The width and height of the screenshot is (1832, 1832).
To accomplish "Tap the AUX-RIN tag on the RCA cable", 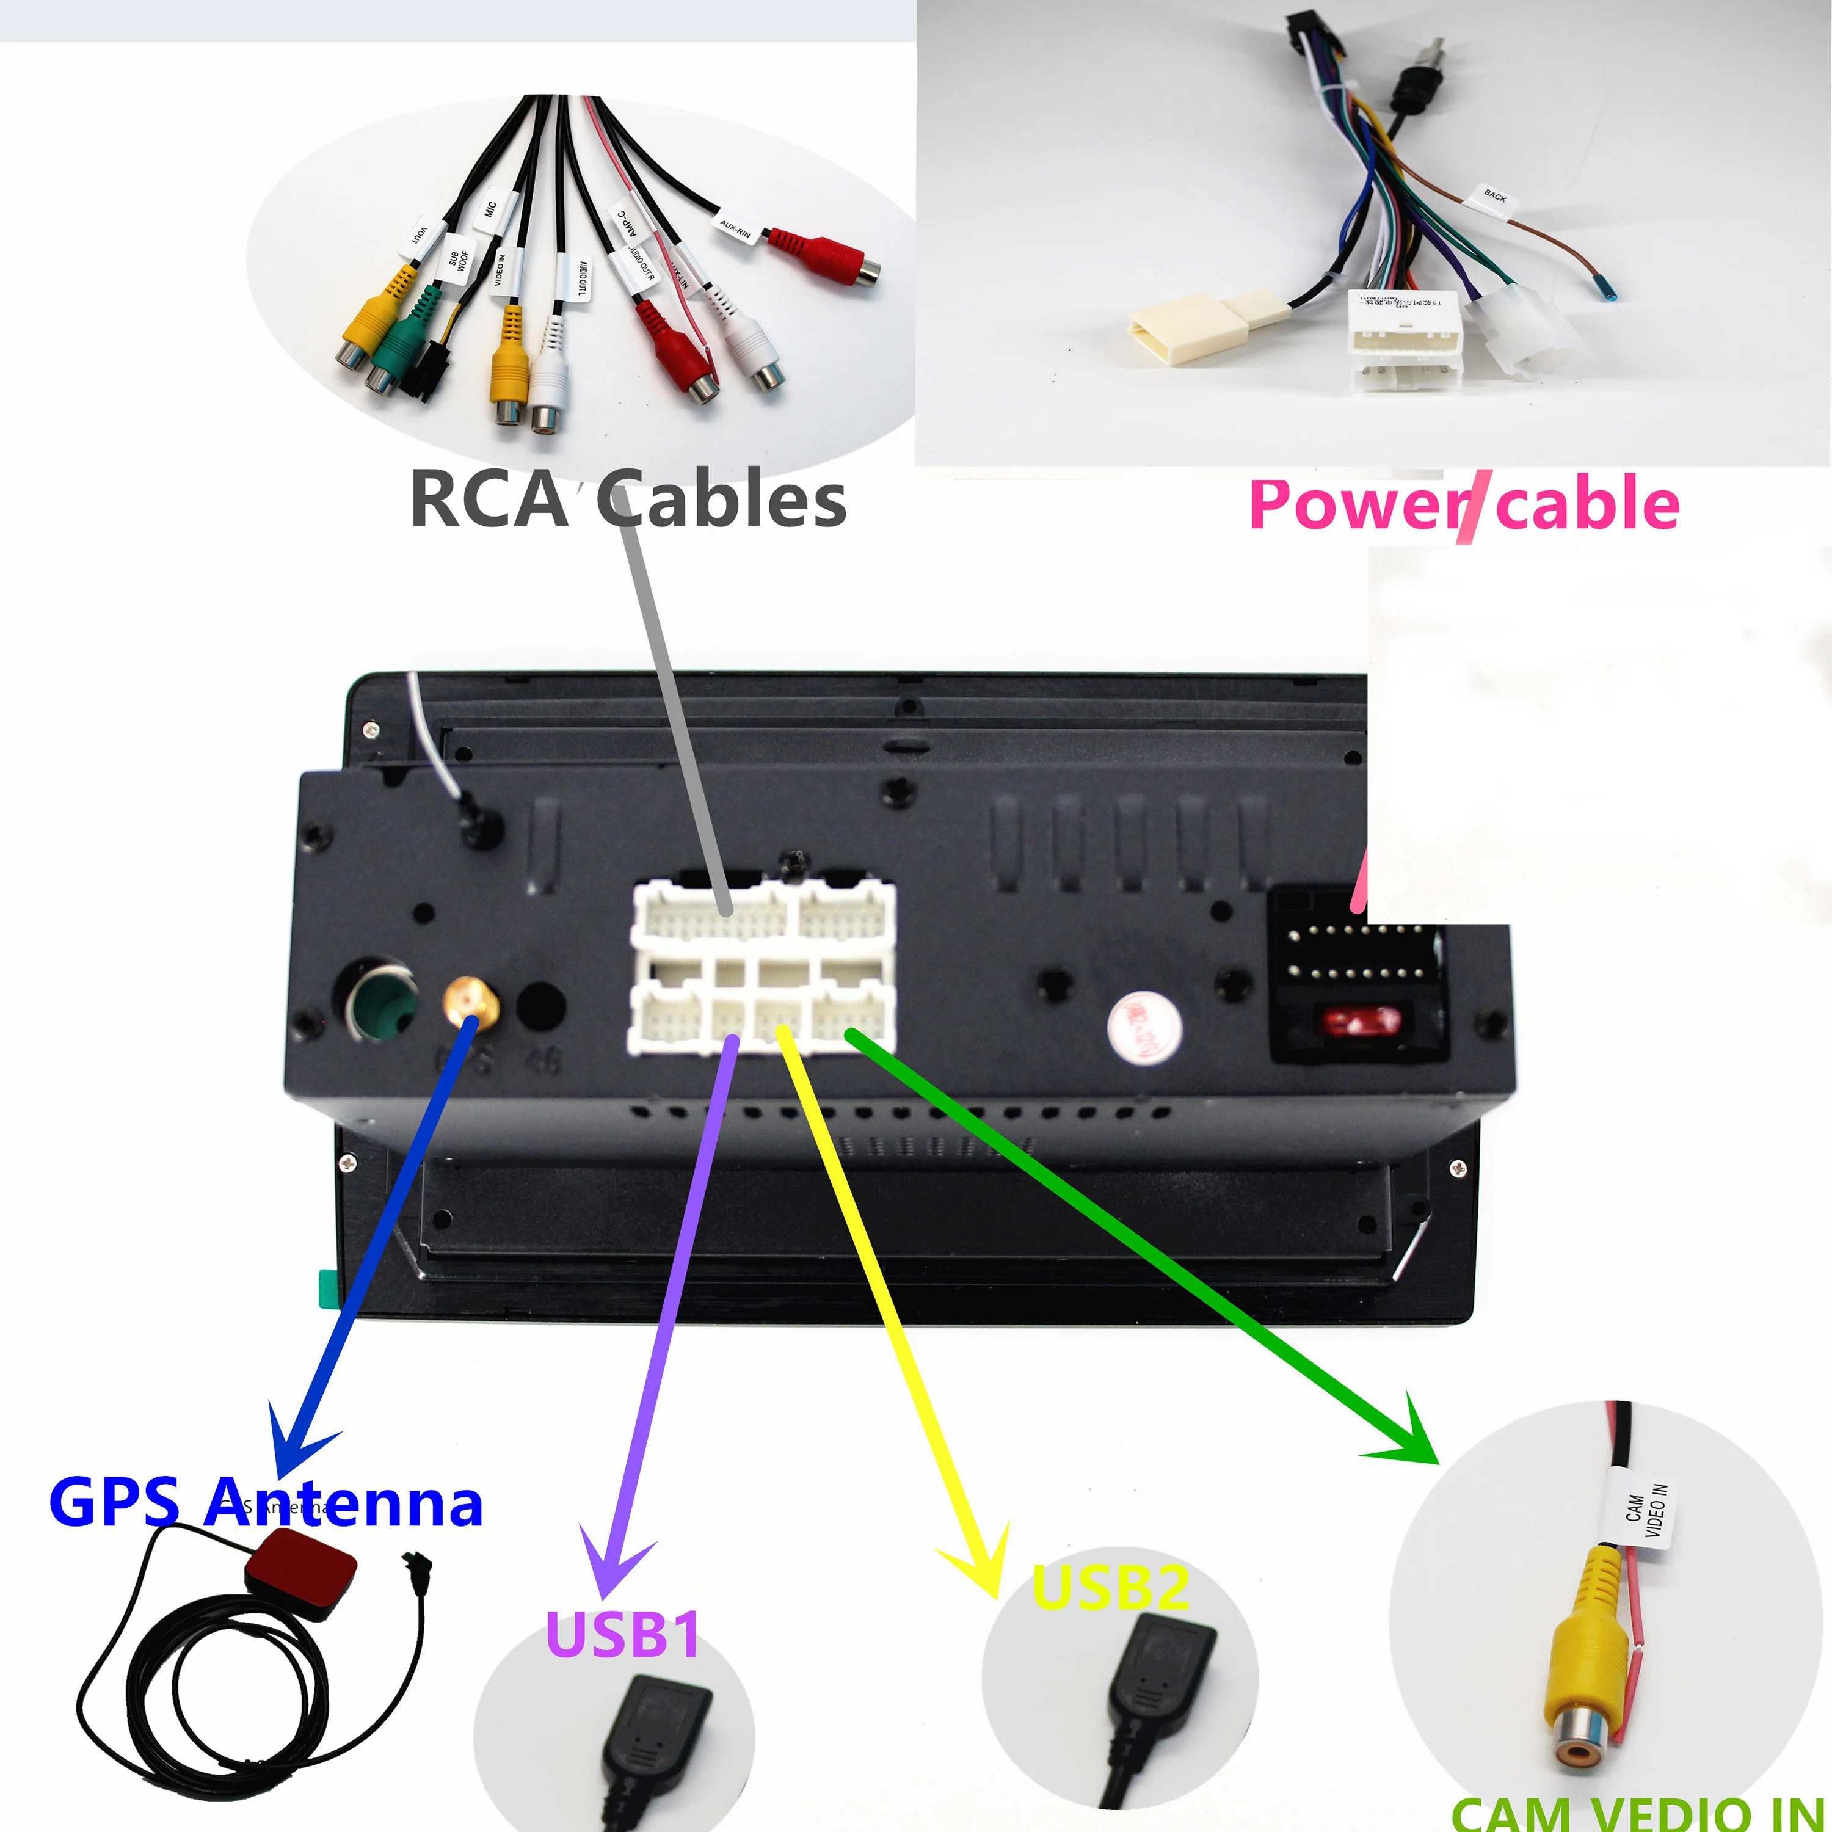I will tap(735, 228).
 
